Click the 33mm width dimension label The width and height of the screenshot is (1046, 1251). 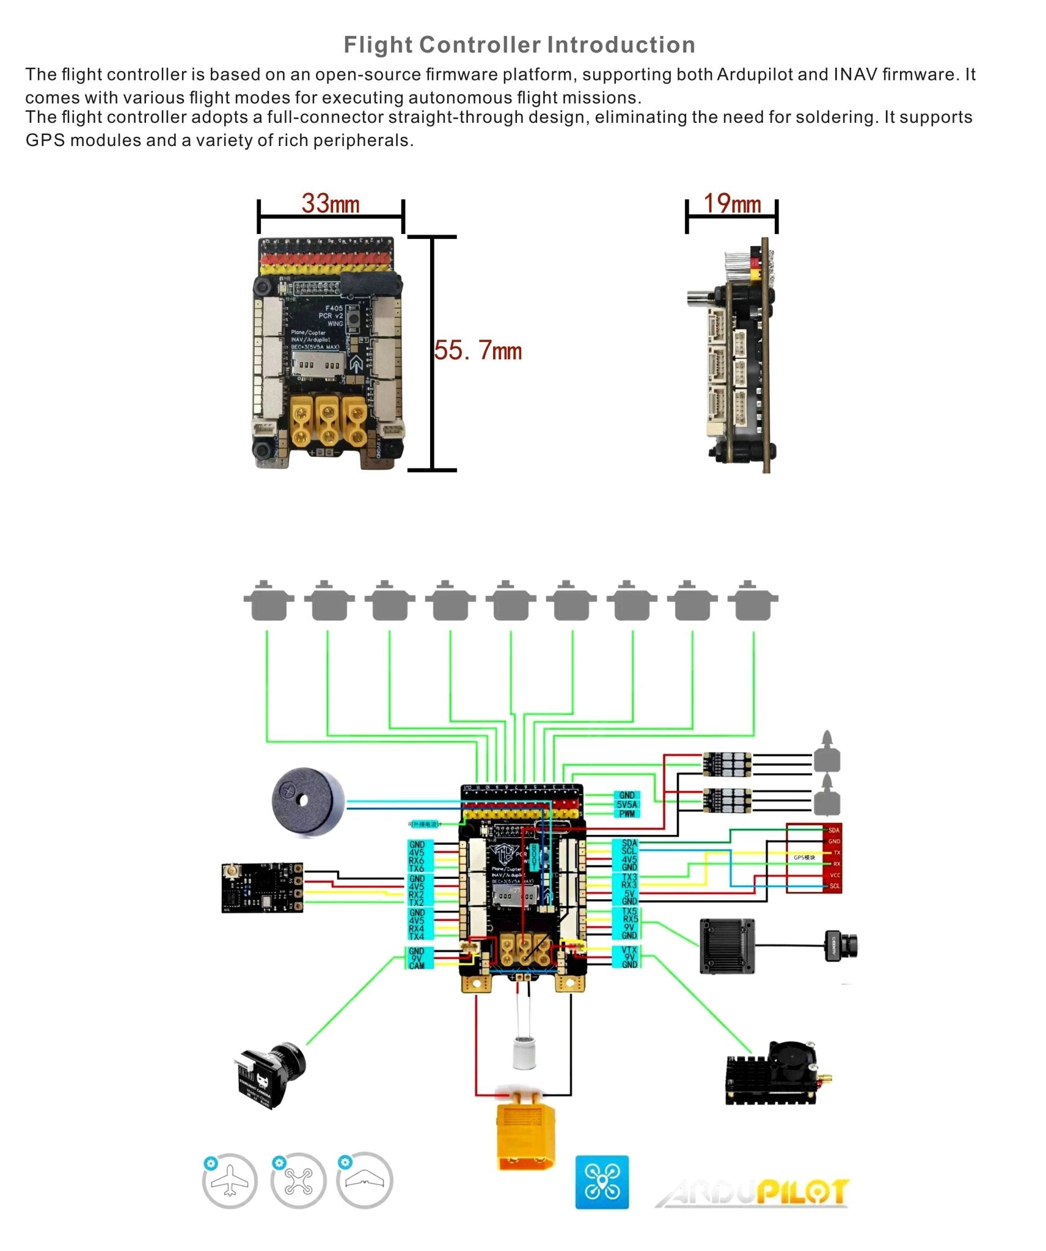[330, 204]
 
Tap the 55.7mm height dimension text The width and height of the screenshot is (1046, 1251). [478, 351]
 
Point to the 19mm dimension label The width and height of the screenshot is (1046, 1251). [732, 204]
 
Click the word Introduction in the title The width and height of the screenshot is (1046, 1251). [621, 45]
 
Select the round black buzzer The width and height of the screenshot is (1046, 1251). [308, 802]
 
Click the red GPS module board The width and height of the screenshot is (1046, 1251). [814, 858]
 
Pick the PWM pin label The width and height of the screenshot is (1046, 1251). [627, 814]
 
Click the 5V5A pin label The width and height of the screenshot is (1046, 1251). [627, 804]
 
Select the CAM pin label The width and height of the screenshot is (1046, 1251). [417, 966]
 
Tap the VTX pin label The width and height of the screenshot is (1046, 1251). [629, 950]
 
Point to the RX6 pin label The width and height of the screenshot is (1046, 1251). [417, 861]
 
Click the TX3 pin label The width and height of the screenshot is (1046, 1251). [629, 877]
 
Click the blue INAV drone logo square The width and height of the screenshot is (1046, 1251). [602, 1182]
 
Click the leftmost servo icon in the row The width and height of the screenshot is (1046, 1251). [268, 601]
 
